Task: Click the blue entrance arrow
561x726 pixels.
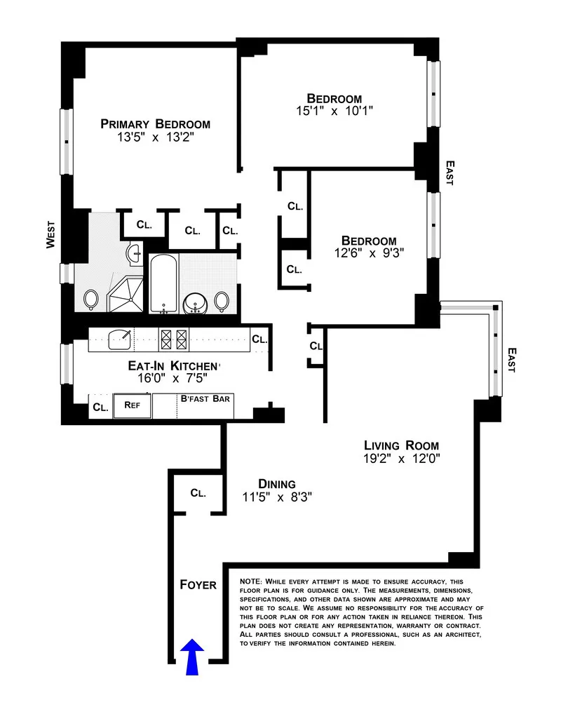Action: click(x=194, y=658)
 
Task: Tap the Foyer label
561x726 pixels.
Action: click(x=198, y=584)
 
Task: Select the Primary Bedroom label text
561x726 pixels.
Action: click(x=155, y=124)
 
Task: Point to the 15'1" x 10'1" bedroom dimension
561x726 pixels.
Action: click(x=334, y=111)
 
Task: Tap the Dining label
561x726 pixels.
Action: click(x=276, y=484)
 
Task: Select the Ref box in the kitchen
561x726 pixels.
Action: click(x=133, y=405)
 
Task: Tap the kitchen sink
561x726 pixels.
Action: click(x=121, y=338)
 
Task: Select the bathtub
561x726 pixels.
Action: click(x=163, y=285)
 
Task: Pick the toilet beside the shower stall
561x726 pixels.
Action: click(x=90, y=300)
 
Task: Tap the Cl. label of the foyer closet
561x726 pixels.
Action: click(x=198, y=493)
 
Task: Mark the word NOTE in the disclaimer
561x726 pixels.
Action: click(x=251, y=582)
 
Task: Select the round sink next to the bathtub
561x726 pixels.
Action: click(x=193, y=302)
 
